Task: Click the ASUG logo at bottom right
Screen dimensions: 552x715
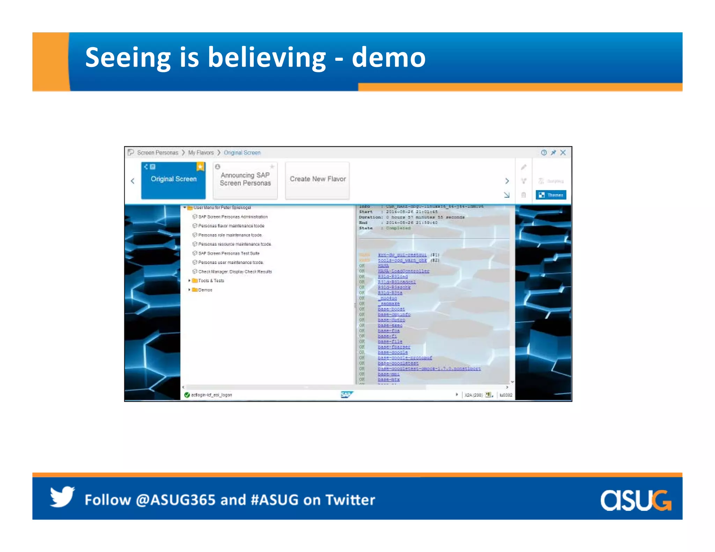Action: point(635,500)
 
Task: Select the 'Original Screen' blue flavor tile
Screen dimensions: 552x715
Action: point(173,180)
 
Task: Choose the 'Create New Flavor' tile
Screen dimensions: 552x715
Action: point(317,179)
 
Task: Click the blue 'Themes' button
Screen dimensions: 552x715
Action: point(551,195)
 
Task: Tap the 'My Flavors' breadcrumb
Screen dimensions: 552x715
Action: point(201,153)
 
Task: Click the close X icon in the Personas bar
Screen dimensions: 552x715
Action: point(563,152)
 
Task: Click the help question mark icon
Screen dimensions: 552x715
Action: point(544,152)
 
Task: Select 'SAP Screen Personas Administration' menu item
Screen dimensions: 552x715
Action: point(233,217)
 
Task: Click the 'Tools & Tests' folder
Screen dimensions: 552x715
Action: point(211,281)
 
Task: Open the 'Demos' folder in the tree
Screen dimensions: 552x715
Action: point(205,290)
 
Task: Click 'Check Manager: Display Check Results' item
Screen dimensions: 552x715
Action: point(235,271)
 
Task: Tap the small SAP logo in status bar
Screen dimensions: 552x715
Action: point(346,395)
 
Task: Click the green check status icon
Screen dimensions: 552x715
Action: point(187,395)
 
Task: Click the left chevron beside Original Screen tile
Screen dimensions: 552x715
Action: point(133,181)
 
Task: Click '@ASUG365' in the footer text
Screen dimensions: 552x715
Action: point(176,500)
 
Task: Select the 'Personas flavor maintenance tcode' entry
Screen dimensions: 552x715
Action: point(231,226)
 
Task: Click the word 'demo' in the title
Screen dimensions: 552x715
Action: point(388,58)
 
